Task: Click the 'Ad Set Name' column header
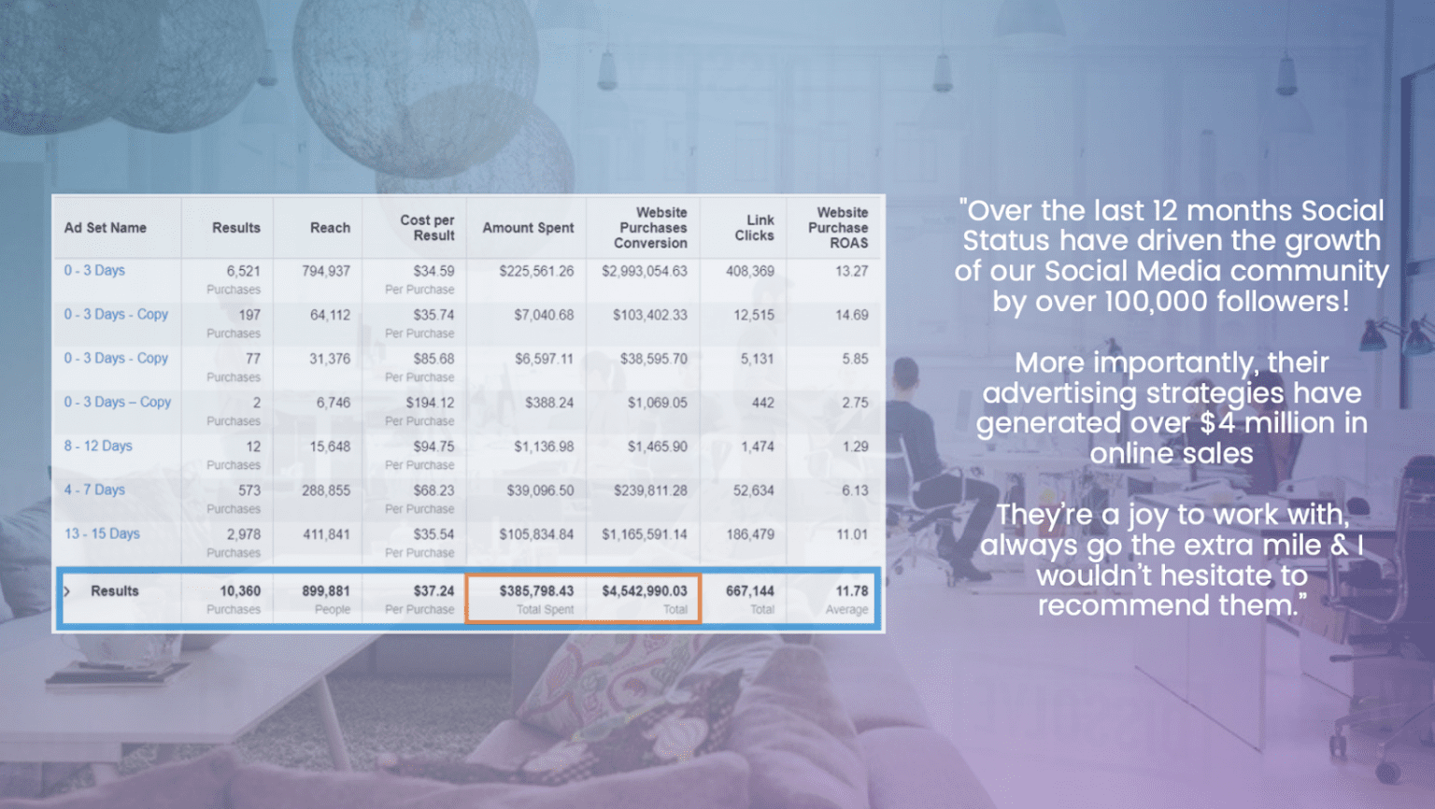point(105,228)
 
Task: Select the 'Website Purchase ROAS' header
point(838,228)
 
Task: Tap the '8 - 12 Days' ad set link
point(98,446)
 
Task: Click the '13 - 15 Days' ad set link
point(102,533)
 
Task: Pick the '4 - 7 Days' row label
point(94,490)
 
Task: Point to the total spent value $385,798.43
point(536,591)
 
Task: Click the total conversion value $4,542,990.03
point(644,591)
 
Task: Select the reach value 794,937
point(326,272)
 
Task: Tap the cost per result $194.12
point(430,403)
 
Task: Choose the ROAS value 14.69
point(851,315)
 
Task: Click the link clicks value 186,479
point(750,534)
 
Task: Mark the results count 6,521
point(244,272)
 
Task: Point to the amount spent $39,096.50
point(540,490)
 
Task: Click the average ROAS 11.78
point(852,591)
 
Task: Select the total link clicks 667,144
point(749,591)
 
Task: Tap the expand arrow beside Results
point(67,591)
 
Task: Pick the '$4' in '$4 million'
point(1218,423)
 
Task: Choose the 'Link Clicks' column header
point(754,228)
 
